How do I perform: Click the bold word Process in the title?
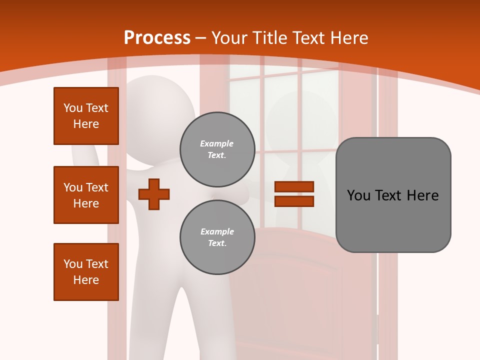[x=157, y=38]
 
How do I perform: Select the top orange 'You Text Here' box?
[x=86, y=116]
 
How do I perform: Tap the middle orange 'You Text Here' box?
[x=86, y=195]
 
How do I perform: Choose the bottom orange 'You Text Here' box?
[x=86, y=272]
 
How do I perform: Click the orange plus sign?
[x=154, y=194]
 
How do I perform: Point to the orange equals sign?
[x=294, y=194]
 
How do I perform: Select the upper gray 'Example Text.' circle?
[x=217, y=149]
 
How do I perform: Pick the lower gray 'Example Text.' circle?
[x=217, y=237]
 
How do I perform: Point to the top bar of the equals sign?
[x=294, y=187]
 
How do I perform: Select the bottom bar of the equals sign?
[x=294, y=201]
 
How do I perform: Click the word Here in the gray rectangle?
[x=422, y=195]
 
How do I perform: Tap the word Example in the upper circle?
[x=217, y=143]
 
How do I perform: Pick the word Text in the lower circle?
[x=216, y=243]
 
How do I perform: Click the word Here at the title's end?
[x=350, y=38]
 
